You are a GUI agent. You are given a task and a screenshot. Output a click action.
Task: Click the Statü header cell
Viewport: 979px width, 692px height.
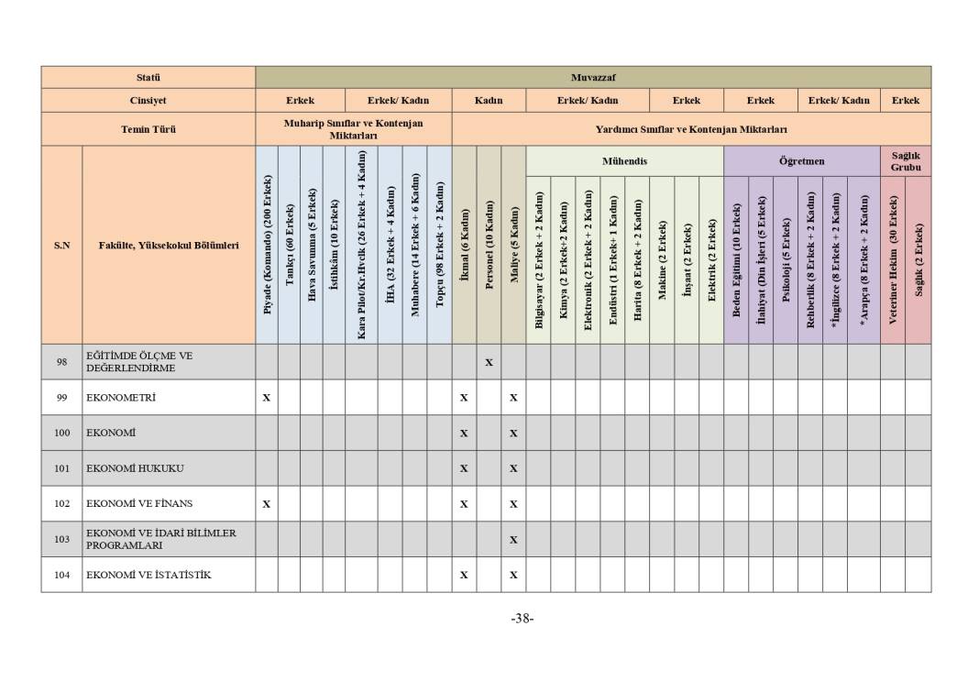click(148, 78)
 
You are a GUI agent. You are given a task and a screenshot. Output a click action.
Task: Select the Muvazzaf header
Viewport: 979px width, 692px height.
click(592, 78)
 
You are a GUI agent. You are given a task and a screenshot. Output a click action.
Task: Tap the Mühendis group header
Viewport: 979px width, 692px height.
click(624, 161)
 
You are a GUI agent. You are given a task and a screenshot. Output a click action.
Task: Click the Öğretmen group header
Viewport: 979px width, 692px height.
click(801, 161)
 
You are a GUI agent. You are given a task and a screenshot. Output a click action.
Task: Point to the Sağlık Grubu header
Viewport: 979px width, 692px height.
click(905, 161)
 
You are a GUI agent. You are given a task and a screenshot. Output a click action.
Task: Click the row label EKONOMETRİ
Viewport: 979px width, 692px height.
click(121, 398)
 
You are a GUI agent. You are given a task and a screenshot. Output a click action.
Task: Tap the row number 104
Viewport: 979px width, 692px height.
click(61, 575)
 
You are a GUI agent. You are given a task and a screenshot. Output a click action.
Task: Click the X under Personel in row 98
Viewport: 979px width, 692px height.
click(489, 362)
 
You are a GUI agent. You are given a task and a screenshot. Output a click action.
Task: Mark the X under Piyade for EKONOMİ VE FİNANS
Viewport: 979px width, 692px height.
click(267, 504)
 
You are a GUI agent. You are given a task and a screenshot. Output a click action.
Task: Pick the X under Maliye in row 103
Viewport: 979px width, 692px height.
click(513, 540)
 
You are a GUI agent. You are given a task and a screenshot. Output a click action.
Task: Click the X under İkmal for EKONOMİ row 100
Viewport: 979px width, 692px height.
click(464, 434)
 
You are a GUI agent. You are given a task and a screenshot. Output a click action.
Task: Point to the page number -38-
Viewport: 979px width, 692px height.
click(522, 619)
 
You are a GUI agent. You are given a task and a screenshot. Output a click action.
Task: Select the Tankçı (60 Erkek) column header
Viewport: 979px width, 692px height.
click(289, 246)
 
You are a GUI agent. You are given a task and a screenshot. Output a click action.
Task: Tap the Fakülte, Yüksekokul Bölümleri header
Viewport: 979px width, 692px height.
click(169, 246)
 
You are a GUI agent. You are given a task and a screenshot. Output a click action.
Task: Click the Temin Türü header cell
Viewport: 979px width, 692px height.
click(148, 129)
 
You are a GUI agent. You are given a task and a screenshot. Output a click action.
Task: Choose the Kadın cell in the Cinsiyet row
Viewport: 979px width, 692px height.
click(489, 101)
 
